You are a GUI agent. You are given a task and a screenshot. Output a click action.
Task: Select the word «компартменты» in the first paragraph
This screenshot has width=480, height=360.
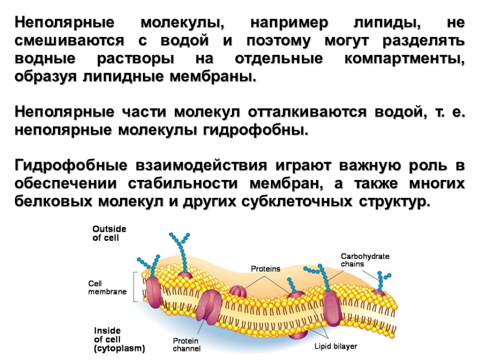tap(404, 60)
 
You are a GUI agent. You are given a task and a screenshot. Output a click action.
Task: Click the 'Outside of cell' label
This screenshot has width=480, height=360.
tap(109, 233)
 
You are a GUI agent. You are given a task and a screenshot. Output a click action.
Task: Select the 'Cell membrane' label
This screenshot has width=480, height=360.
tap(107, 287)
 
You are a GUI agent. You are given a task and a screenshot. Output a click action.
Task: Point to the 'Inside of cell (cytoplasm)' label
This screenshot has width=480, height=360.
tap(119, 339)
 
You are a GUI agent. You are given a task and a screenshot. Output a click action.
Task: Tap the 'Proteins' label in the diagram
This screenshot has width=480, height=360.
tap(265, 269)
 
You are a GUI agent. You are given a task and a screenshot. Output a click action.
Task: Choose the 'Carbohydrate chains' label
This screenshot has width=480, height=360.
tap(365, 260)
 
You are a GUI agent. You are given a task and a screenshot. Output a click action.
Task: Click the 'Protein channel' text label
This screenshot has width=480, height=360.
tap(186, 345)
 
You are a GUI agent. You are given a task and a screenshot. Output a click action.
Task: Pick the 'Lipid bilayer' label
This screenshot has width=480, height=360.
tap(335, 347)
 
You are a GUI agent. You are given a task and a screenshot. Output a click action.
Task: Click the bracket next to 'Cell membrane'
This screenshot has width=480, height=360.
tap(135, 287)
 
